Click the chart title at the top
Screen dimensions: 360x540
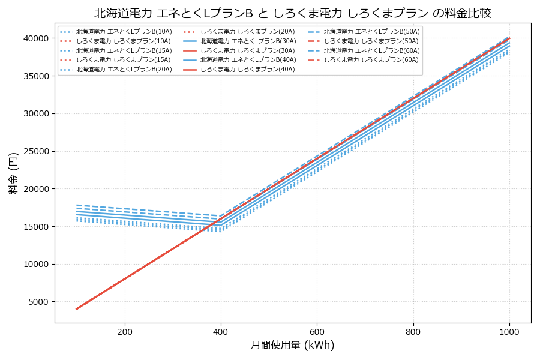[x=293, y=13]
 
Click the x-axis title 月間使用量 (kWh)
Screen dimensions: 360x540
[x=292, y=345]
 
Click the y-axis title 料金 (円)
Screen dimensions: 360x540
[x=13, y=173]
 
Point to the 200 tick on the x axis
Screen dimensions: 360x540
[x=125, y=332]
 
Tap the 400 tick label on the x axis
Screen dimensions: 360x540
[x=221, y=332]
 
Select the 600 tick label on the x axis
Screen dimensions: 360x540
[x=317, y=332]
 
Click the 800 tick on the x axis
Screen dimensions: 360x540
[x=413, y=332]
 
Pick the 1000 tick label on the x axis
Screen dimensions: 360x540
[x=509, y=332]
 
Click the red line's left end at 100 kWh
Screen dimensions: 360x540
[x=76, y=309]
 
